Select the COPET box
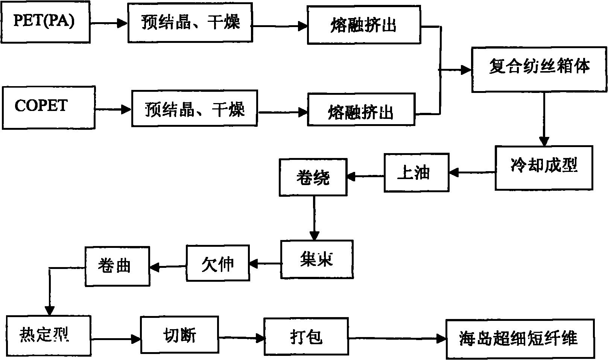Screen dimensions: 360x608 (48, 107)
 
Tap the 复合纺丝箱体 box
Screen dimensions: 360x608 (540, 69)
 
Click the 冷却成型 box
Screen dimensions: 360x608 (544, 167)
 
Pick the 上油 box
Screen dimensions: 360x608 (416, 172)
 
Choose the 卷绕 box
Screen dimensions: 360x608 (313, 177)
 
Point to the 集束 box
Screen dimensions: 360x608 (317, 260)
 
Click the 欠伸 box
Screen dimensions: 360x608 (218, 263)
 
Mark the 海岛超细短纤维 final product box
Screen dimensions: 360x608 (520, 339)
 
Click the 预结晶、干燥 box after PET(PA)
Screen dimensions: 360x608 (190, 23)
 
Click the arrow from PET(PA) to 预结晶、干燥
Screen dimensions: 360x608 (108, 24)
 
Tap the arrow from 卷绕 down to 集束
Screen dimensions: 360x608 (314, 218)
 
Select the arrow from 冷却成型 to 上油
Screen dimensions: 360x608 (472, 172)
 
